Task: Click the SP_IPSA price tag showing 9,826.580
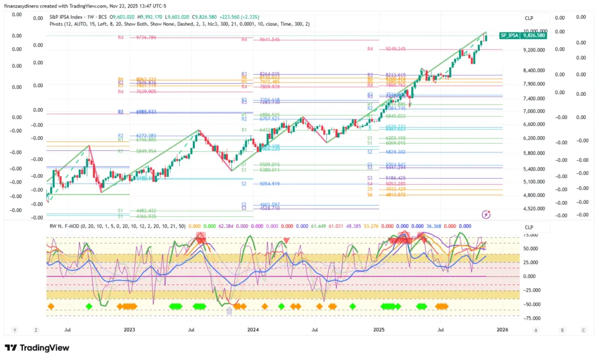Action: pos(523,36)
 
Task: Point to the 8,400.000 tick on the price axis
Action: pos(534,71)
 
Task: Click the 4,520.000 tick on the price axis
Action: pos(534,208)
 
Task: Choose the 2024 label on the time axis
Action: pos(253,330)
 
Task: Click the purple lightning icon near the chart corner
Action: pos(486,214)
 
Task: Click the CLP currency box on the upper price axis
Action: pos(529,18)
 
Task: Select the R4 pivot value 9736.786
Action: pos(146,37)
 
